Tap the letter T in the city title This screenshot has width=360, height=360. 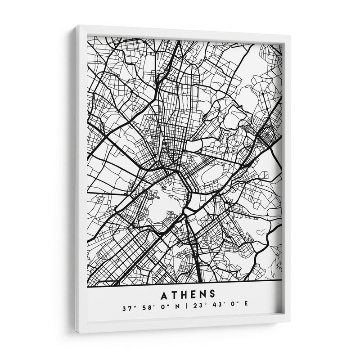173,295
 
